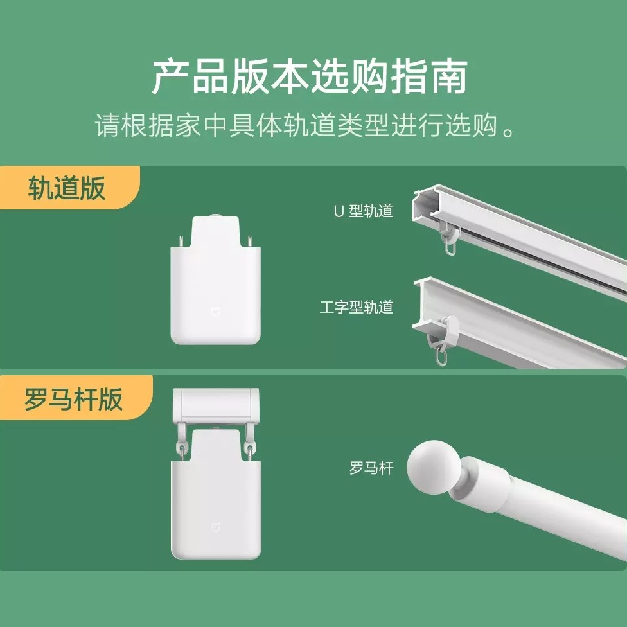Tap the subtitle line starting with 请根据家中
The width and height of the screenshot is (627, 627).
coord(305,125)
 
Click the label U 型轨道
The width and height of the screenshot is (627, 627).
coord(364,211)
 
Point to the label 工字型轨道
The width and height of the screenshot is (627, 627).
coord(357,307)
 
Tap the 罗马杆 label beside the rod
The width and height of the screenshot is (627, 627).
coord(371,468)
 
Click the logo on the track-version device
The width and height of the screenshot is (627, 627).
coord(216,312)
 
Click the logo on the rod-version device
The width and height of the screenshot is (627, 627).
coord(216,527)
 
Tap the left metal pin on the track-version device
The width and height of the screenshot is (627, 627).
coord(181,242)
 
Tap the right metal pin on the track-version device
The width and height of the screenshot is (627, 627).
coord(251,242)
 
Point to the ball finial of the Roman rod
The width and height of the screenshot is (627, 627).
coord(436,467)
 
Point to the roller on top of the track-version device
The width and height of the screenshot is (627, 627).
coord(216,216)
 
